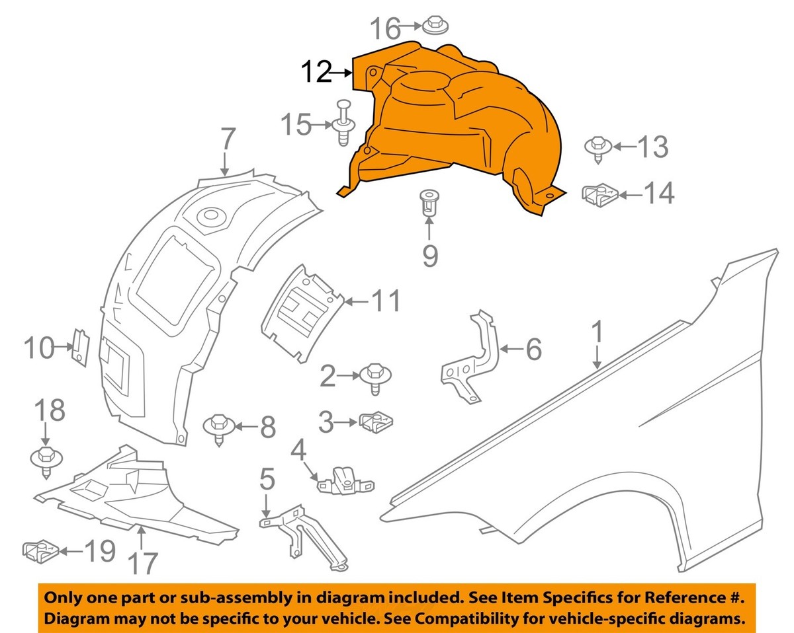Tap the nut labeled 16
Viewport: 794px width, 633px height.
tap(433, 24)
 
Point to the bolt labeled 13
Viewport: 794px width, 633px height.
tap(597, 148)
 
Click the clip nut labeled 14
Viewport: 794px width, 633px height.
tap(599, 194)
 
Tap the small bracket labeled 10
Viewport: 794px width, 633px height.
tap(79, 346)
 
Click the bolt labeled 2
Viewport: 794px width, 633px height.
tap(375, 377)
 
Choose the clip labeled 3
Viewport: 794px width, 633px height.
tap(377, 421)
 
